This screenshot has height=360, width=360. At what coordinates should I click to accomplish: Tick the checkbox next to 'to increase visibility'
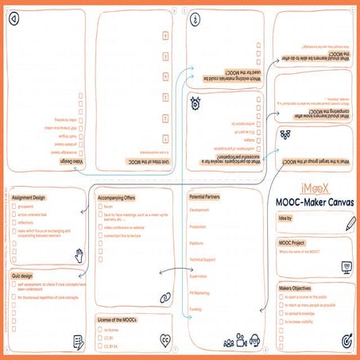click(x=279, y=323)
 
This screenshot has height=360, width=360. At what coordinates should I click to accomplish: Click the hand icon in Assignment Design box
click(x=78, y=254)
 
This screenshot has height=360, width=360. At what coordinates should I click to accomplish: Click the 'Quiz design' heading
click(x=27, y=274)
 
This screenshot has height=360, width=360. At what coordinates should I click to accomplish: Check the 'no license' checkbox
click(x=99, y=328)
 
